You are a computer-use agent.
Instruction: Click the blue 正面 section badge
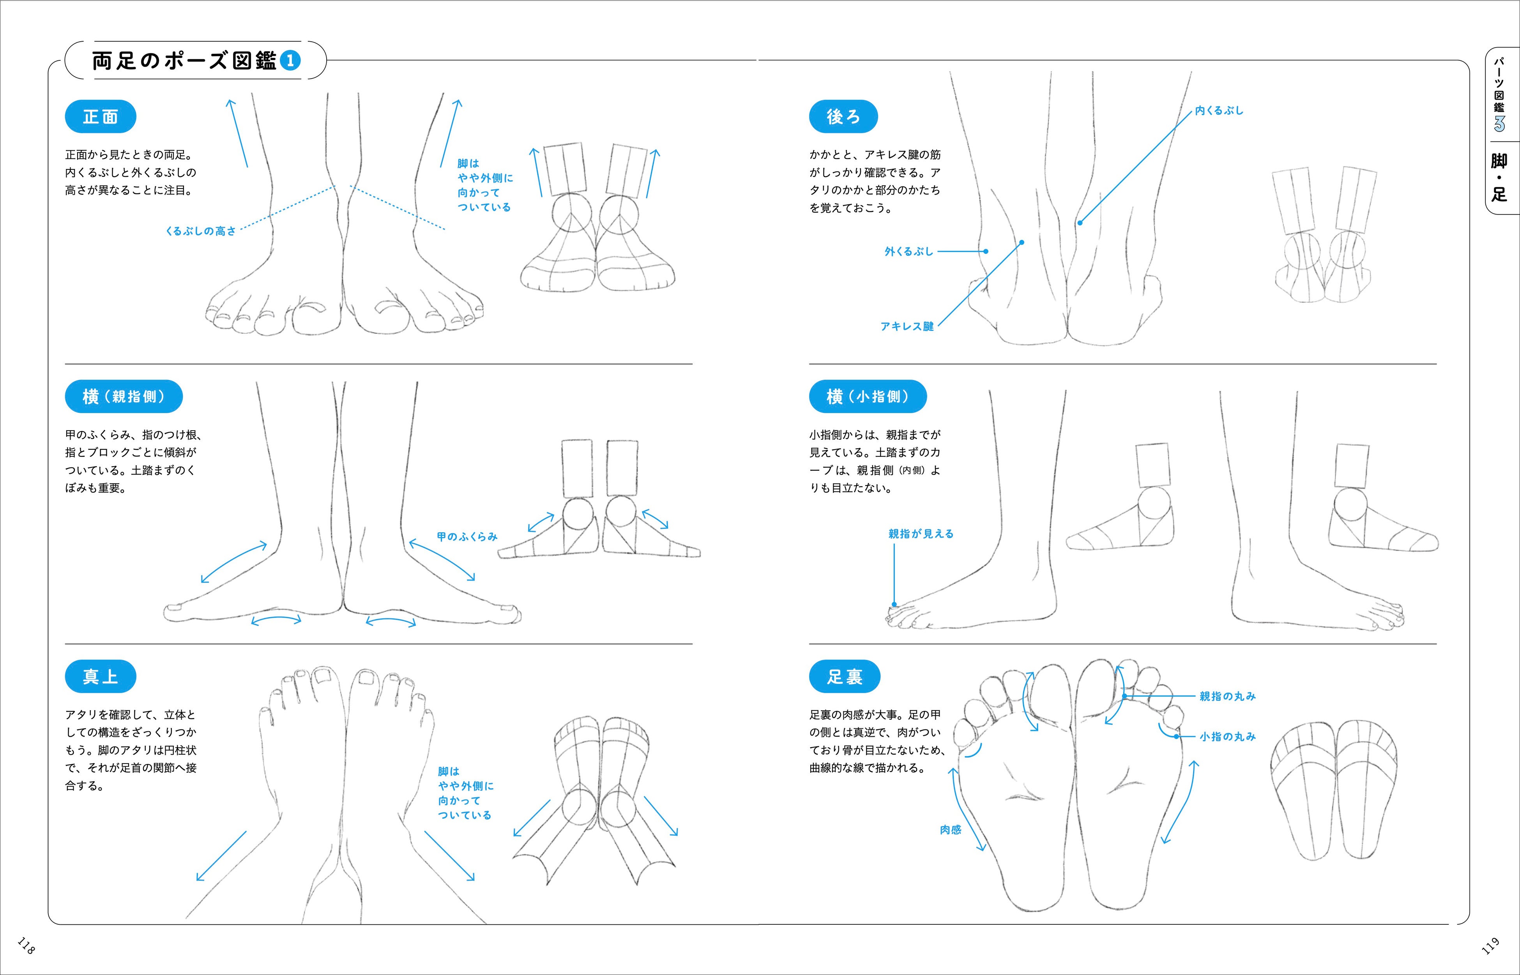100,116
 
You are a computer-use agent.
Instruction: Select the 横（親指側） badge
124,397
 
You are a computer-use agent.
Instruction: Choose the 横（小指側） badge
868,397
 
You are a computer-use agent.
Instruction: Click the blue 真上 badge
100,677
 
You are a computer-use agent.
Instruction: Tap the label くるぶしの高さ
200,231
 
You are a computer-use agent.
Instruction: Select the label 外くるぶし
908,252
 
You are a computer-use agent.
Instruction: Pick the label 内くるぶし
1219,111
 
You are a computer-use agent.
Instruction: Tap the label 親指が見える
921,534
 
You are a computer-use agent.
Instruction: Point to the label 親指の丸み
1227,697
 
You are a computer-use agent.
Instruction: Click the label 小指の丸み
1227,736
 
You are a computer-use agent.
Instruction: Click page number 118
26,946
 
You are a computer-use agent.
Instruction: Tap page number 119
1490,946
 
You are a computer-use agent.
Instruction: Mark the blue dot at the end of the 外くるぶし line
986,252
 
